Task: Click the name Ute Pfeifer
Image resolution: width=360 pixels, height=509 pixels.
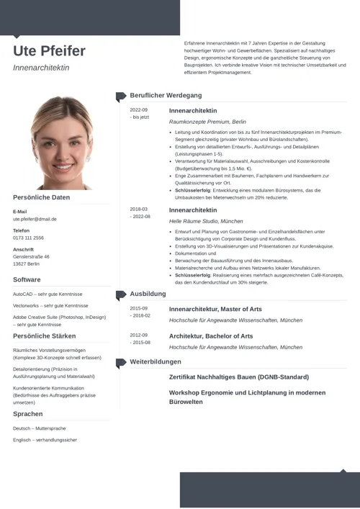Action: (x=49, y=51)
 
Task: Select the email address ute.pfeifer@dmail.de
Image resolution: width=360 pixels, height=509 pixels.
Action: (x=35, y=219)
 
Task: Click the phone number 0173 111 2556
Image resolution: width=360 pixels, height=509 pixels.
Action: (x=28, y=238)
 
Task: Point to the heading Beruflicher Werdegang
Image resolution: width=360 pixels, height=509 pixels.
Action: (x=166, y=95)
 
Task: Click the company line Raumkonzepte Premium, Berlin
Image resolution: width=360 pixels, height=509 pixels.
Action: (x=207, y=122)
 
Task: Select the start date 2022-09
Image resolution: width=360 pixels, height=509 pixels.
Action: (x=138, y=110)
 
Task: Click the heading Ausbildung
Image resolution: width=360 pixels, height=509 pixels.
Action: (x=148, y=294)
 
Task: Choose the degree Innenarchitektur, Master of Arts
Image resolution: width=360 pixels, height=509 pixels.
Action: (x=215, y=309)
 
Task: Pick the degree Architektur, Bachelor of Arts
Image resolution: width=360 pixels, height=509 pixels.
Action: (x=210, y=335)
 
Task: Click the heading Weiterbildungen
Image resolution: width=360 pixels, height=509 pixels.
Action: (x=156, y=361)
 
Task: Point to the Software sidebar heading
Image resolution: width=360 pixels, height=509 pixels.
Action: (x=27, y=279)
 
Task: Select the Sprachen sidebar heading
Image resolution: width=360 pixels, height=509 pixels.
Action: (x=27, y=414)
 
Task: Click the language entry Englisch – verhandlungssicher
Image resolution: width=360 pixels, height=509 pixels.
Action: (x=45, y=440)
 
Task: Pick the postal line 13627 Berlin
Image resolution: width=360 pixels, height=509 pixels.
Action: (x=26, y=264)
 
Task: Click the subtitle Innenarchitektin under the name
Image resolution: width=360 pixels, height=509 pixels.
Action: (x=41, y=68)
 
